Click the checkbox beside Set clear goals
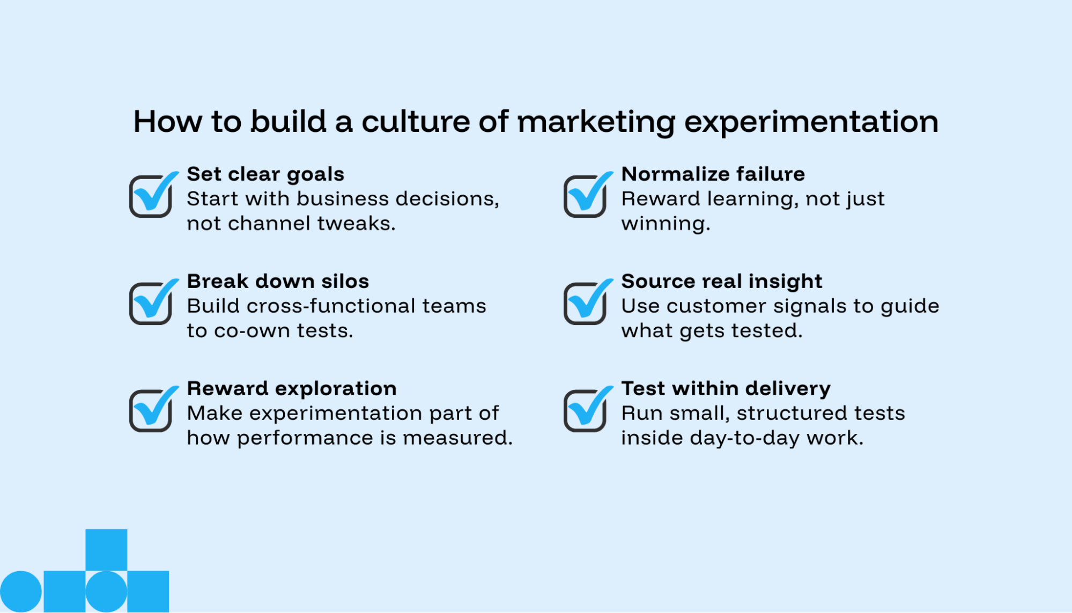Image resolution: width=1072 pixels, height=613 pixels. coord(151,196)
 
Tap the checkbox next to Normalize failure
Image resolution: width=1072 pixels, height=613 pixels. coord(585,196)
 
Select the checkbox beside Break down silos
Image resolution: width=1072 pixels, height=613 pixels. coord(151,304)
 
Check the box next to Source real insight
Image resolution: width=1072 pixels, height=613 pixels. coord(585,304)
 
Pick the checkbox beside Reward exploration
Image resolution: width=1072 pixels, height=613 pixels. coord(151,411)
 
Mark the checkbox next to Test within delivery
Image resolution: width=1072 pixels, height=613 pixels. coord(585,411)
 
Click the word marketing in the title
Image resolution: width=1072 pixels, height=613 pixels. coord(596,122)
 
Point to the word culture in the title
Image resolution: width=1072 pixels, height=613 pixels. coord(416,122)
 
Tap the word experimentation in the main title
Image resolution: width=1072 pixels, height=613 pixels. coord(811,122)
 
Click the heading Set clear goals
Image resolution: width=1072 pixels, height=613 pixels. coord(265,174)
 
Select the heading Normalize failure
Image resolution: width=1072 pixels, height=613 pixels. coord(713,174)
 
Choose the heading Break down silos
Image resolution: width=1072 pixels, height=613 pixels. coord(278,282)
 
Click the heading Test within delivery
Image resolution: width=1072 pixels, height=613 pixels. coord(726,389)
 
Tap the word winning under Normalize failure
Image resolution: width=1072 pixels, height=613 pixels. coord(665,224)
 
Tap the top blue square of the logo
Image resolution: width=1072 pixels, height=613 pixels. coord(106,550)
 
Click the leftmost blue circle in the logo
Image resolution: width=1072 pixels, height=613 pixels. coord(20,592)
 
